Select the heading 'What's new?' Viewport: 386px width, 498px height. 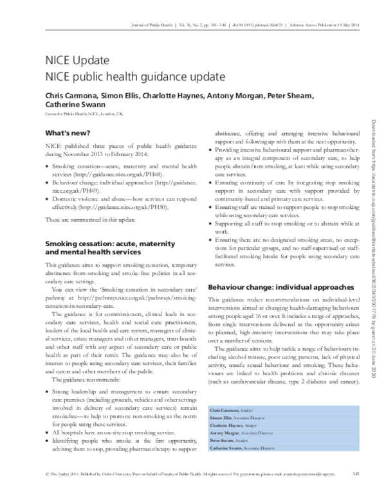(x=65, y=133)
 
